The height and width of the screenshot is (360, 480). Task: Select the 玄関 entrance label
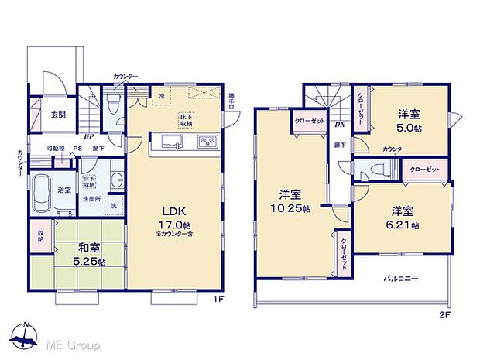tap(59, 115)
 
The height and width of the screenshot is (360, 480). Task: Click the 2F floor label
tap(444, 314)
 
